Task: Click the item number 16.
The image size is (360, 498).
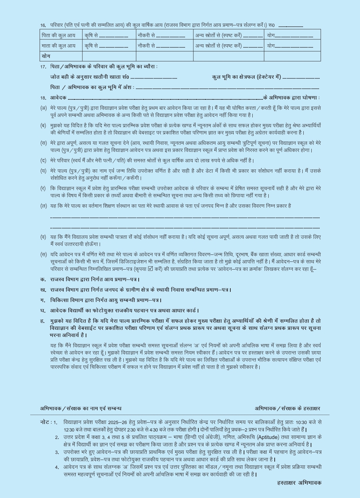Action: tap(43, 25)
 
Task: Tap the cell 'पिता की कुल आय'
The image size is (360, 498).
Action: tap(58, 35)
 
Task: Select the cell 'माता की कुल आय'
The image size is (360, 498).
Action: tap(58, 46)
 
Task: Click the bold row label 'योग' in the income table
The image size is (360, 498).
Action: tap(46, 56)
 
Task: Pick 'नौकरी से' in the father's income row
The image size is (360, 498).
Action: tap(146, 35)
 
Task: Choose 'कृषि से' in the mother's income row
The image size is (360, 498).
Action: tap(91, 46)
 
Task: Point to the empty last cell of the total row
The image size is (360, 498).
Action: tap(292, 56)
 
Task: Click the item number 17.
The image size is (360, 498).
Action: tap(43, 67)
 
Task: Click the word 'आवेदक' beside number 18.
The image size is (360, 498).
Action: tap(58, 98)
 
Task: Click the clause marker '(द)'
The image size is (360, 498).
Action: tap(43, 160)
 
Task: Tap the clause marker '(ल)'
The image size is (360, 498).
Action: tap(43, 206)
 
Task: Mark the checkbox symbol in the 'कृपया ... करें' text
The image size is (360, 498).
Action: tap(150, 269)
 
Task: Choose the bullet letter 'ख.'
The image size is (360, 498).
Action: tap(43, 290)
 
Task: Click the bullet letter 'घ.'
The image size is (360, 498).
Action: tap(43, 310)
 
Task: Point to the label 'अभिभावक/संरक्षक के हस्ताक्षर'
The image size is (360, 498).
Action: tap(287, 408)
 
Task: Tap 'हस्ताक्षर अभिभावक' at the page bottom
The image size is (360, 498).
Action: tap(299, 482)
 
